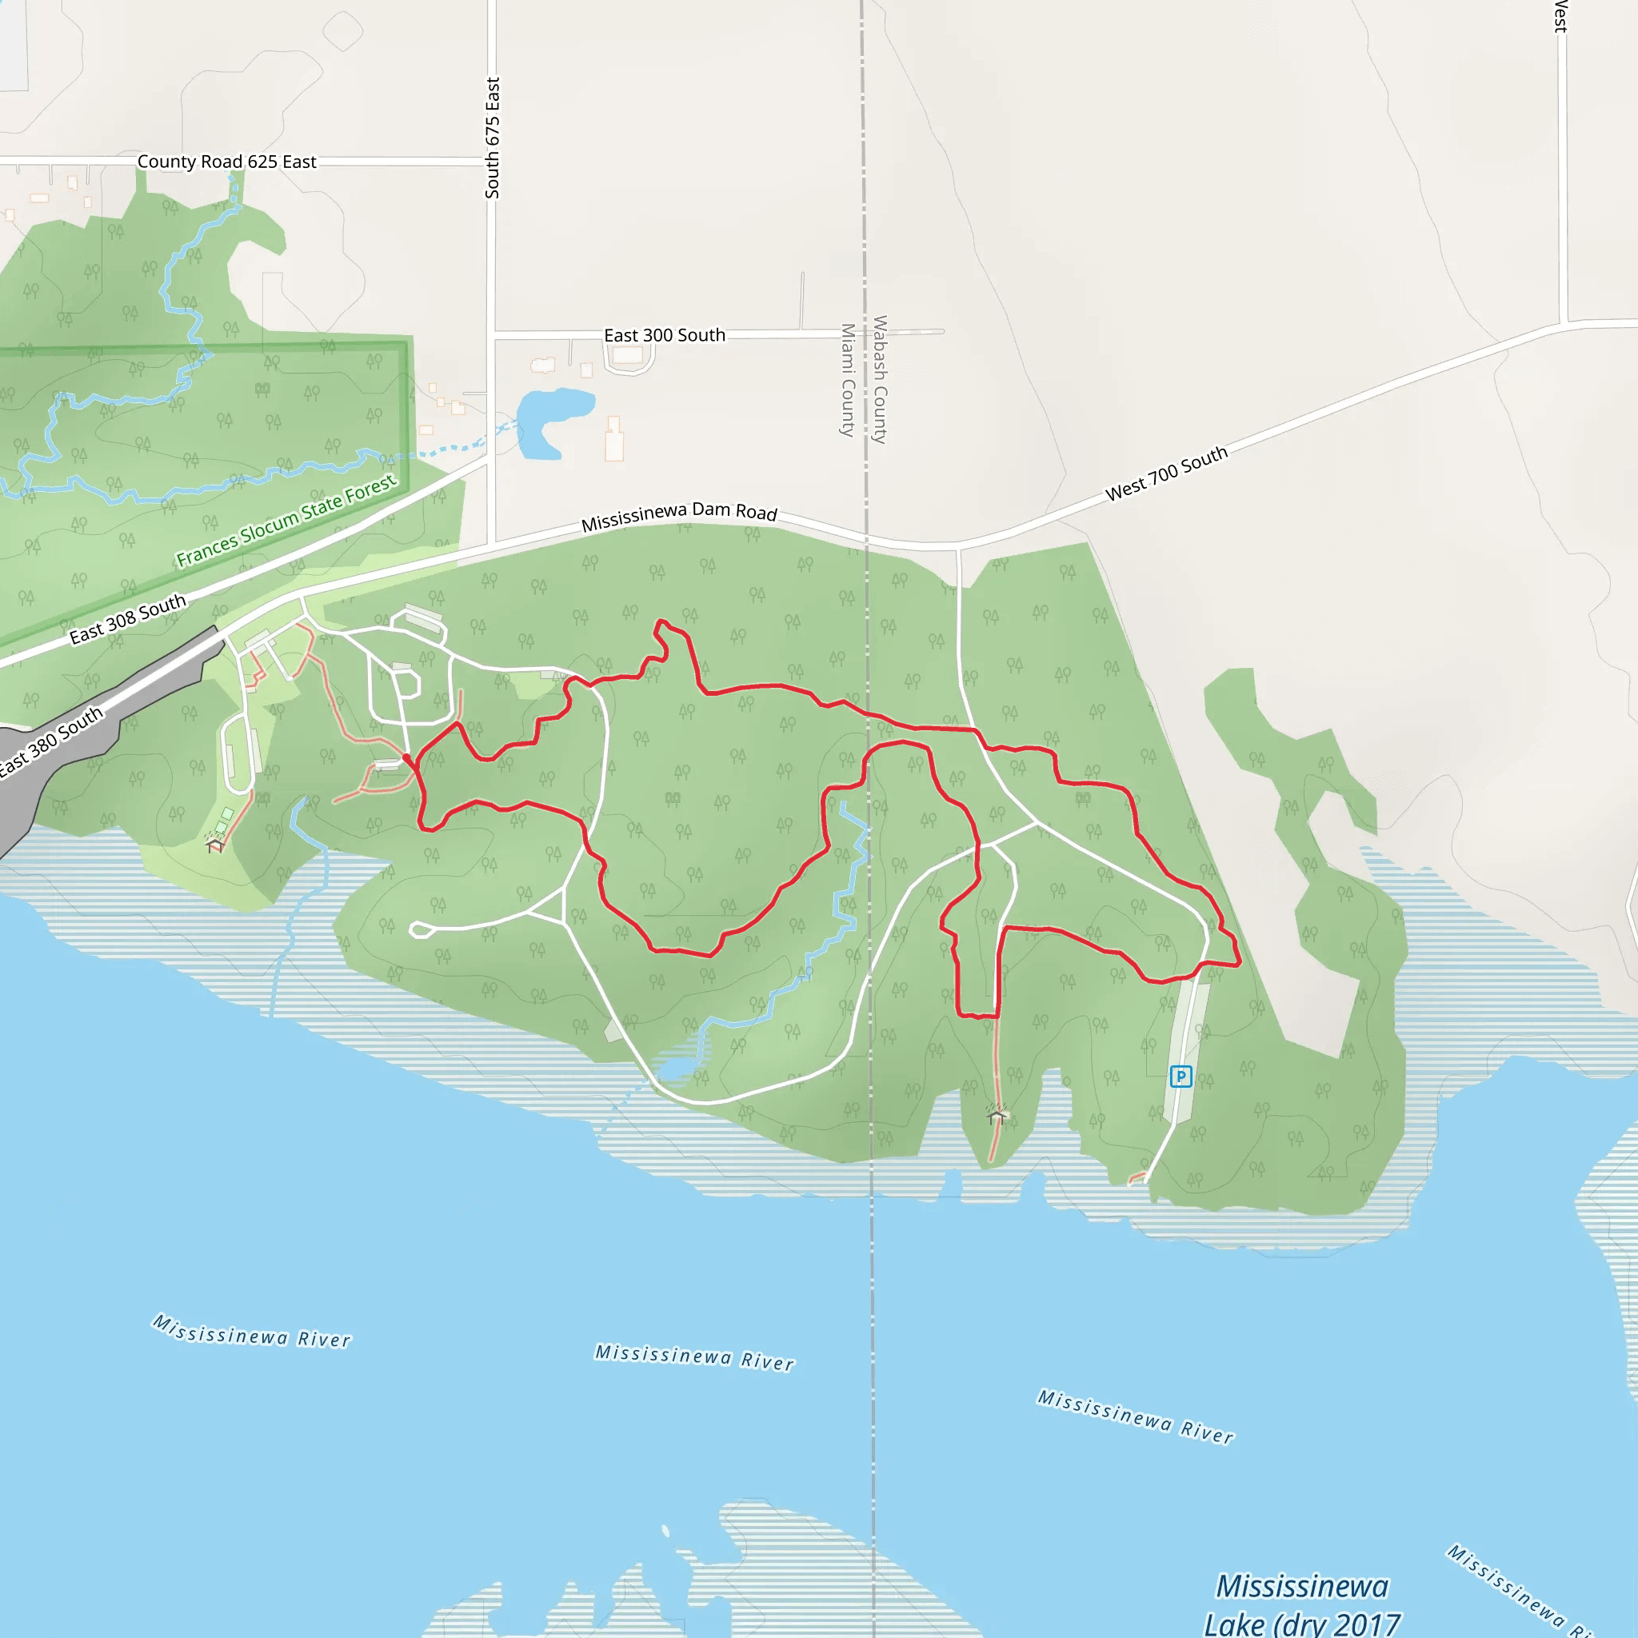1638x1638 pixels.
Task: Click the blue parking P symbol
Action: (x=1181, y=1077)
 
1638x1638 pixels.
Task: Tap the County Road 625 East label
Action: (x=226, y=161)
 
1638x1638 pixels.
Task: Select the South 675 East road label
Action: (x=493, y=138)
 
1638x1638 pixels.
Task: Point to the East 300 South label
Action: (x=664, y=335)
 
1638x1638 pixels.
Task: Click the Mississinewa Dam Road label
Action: (x=679, y=517)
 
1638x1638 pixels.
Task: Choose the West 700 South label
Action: (x=1167, y=473)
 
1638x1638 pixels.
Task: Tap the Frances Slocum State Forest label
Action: (x=286, y=521)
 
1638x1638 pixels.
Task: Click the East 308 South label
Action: (x=127, y=619)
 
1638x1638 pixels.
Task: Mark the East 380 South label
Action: (x=51, y=741)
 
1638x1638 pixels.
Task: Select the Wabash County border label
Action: (x=880, y=379)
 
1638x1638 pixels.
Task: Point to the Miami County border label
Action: (x=847, y=379)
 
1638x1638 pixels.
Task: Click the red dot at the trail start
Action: (x=407, y=758)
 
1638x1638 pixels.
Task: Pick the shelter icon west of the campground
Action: (x=215, y=845)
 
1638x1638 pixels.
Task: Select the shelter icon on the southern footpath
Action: (x=997, y=1116)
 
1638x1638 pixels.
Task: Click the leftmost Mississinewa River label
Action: (x=252, y=1331)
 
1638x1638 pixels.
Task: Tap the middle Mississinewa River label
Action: (x=694, y=1356)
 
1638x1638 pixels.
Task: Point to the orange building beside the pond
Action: (x=613, y=440)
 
